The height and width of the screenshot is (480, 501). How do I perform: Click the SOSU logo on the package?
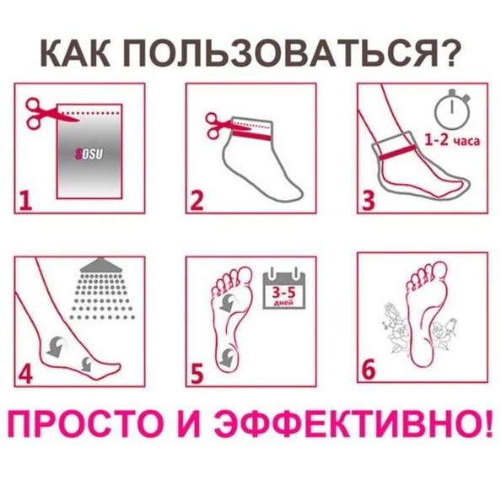pos(89,154)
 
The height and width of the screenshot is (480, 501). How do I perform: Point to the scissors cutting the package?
pos(52,113)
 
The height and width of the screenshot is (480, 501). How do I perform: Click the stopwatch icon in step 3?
pos(452,110)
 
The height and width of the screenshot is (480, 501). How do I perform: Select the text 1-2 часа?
pos(452,140)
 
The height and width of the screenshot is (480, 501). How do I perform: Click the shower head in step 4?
pos(101,265)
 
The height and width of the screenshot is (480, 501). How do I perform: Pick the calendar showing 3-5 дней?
pos(284,290)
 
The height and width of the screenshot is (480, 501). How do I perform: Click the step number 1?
pos(25,201)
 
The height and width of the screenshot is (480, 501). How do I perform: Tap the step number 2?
pos(197,201)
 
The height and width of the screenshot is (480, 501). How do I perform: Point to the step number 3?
pos(368,201)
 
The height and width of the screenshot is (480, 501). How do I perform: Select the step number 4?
pos(25,373)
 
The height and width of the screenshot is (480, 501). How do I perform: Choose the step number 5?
pos(197,373)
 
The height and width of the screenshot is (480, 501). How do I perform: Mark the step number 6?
pos(368,369)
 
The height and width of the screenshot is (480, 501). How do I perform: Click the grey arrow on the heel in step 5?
pos(228,357)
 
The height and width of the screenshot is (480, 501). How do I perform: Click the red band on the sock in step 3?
pos(398,152)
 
